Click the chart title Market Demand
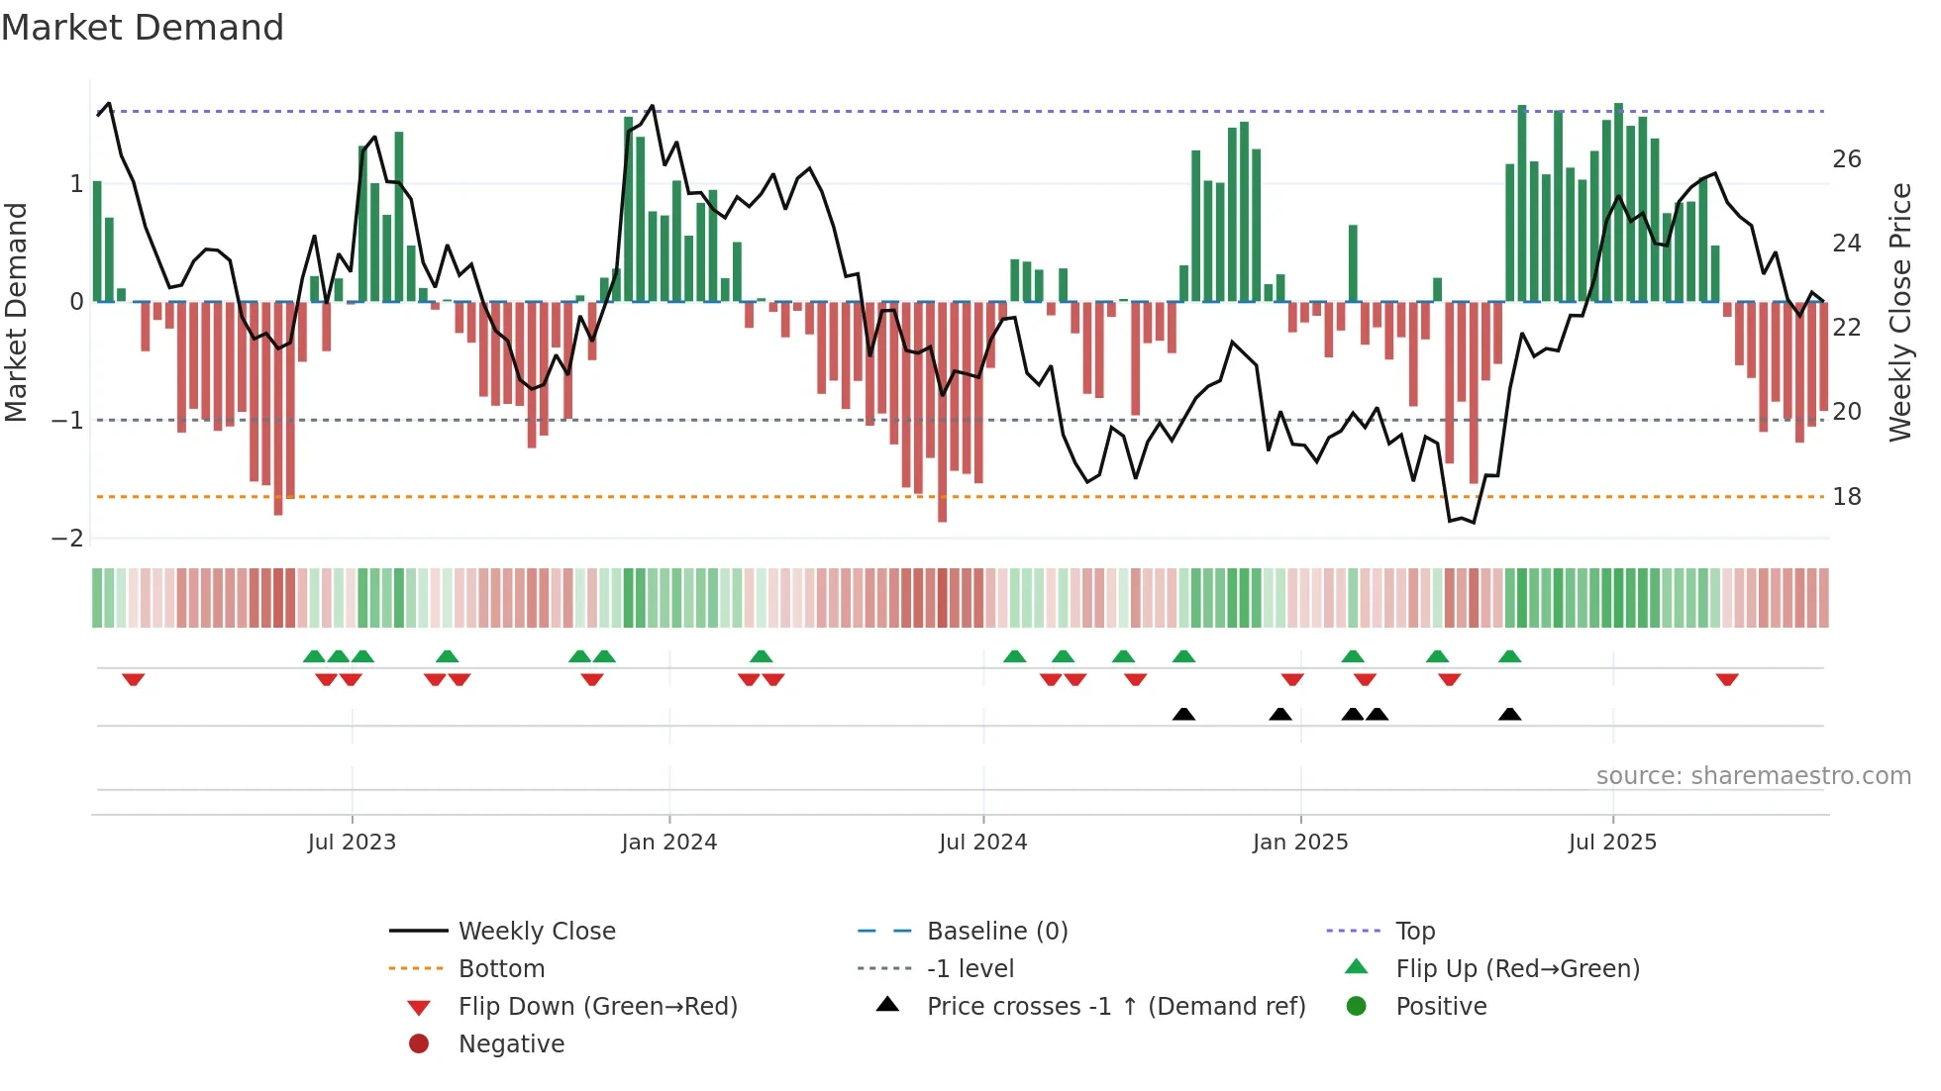tap(143, 28)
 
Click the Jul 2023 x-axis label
tap(352, 843)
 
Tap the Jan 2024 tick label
tap(668, 843)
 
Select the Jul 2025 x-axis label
tap(1612, 843)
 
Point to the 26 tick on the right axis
tap(1846, 159)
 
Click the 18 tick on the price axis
tap(1846, 497)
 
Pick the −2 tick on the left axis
tap(67, 539)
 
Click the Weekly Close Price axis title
tap(1899, 312)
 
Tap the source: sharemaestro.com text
tap(1753, 776)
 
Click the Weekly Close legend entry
tap(536, 932)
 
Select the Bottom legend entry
tap(501, 969)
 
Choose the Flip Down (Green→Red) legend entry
tap(597, 1007)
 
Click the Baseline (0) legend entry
tap(996, 932)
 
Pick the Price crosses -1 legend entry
tap(1115, 1007)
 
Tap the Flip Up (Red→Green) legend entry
tap(1517, 969)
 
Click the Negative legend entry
tap(511, 1044)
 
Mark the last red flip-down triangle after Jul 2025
tap(1727, 679)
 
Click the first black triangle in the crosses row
tap(1183, 714)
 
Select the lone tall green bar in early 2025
tap(1353, 263)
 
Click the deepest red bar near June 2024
tap(942, 411)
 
